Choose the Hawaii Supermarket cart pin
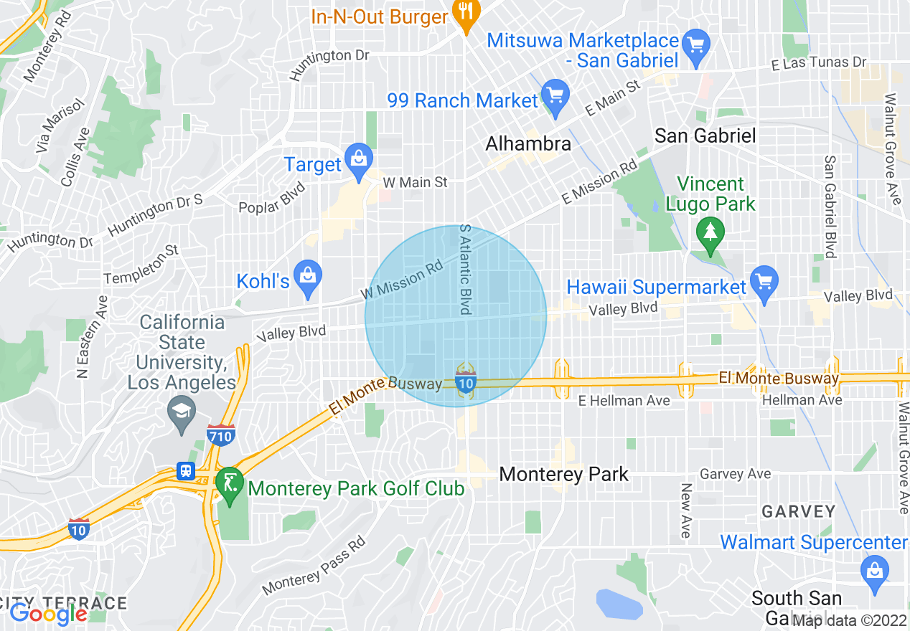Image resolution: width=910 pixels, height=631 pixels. [x=764, y=282]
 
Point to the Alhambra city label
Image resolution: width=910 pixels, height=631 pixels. [x=528, y=143]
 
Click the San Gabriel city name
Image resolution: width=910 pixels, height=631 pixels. [x=705, y=136]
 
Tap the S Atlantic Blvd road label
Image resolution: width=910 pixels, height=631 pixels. [x=464, y=269]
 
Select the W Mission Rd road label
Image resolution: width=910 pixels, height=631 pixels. [x=402, y=279]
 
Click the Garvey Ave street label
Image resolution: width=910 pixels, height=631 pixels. [x=735, y=473]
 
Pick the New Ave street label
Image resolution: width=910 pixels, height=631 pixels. [x=686, y=511]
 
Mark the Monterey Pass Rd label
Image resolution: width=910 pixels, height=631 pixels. [x=314, y=566]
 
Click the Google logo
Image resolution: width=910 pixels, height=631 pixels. [x=48, y=614]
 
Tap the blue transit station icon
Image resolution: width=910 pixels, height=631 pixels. [x=186, y=471]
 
